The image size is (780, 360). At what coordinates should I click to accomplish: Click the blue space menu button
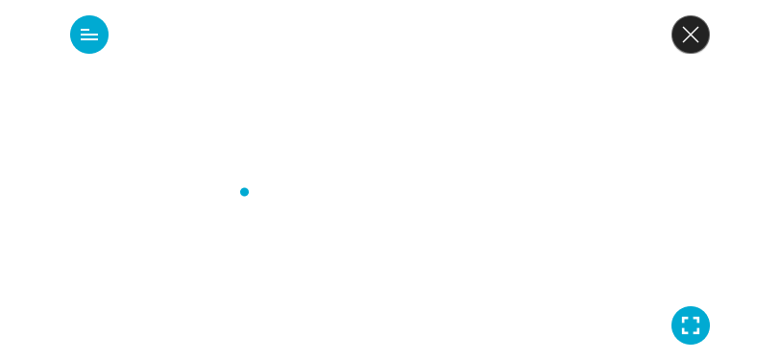89,36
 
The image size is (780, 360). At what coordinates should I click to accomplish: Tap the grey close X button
690,36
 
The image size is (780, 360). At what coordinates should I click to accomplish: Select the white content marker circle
245,192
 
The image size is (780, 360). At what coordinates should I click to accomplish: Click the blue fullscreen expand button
690,324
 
